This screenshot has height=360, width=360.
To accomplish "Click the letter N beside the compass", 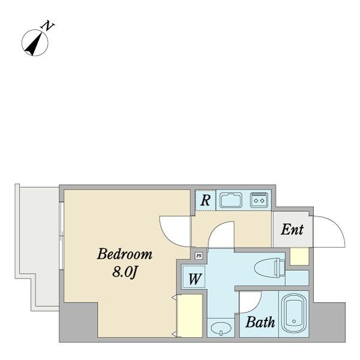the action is pyautogui.click(x=48, y=26).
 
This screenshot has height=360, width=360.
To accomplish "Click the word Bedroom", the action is pyautogui.click(x=124, y=254).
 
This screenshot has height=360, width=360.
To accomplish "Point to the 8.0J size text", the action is pyautogui.click(x=124, y=273).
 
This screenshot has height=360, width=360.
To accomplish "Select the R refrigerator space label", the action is pyautogui.click(x=205, y=200).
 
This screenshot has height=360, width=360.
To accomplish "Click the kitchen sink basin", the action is pyautogui.click(x=231, y=200).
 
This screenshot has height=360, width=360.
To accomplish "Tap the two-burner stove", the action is pyautogui.click(x=259, y=200).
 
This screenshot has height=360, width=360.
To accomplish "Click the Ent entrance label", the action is pyautogui.click(x=292, y=229).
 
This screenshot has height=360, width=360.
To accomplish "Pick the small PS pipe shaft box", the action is pyautogui.click(x=199, y=256).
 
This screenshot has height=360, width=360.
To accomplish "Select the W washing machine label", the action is pyautogui.click(x=194, y=279).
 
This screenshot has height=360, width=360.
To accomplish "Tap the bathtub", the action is pyautogui.click(x=294, y=314).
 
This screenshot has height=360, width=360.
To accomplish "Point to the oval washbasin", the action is pyautogui.click(x=221, y=328).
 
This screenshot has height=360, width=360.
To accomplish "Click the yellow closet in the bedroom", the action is pyautogui.click(x=190, y=316).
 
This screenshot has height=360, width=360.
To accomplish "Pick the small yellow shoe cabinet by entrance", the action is pyautogui.click(x=299, y=257).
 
